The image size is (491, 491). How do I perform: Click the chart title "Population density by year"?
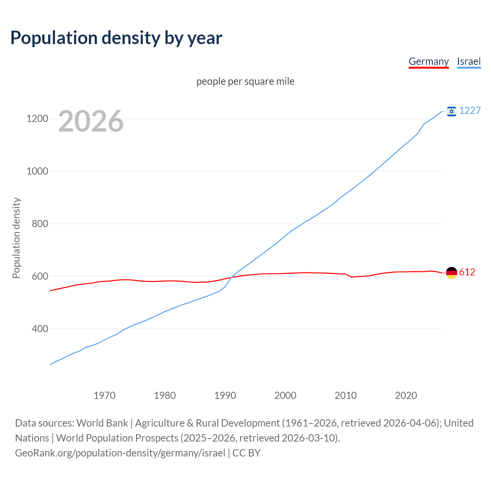[116, 38]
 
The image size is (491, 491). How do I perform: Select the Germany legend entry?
[428, 61]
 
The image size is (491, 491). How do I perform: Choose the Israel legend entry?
[469, 61]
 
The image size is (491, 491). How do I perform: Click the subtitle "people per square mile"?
[245, 81]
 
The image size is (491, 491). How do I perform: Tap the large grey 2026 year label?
[91, 121]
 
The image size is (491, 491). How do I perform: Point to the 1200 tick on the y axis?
[37, 119]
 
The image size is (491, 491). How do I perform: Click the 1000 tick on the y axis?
[37, 171]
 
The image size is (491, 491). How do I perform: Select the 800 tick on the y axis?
[40, 224]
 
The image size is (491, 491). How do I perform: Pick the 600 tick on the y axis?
[40, 276]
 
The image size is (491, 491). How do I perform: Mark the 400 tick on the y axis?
[40, 329]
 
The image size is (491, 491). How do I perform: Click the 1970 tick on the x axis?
[104, 395]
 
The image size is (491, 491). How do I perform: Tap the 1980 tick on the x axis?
[165, 395]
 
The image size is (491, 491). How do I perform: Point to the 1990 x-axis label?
[225, 395]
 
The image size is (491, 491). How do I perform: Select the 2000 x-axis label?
[285, 395]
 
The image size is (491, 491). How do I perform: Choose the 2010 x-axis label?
[346, 395]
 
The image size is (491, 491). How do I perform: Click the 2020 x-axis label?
[406, 395]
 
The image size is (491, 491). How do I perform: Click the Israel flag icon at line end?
[451, 111]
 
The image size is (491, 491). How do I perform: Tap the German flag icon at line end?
[451, 273]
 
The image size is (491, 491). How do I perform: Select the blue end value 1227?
[470, 110]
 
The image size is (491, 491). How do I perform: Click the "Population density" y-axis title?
[16, 238]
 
